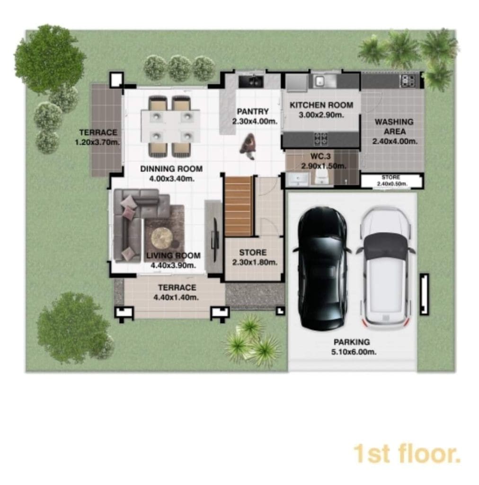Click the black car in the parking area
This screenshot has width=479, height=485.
pos(322,269)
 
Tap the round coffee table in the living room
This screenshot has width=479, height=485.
pos(162,238)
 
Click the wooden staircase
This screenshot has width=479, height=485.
pos(238,207)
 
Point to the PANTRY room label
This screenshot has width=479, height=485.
pos(252,111)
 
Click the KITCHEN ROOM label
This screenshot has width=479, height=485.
pos(321,105)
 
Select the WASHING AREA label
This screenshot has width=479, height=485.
pos(394,126)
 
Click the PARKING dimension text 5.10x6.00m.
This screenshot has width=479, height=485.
pos(354,352)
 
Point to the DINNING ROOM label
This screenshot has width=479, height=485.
pos(171,169)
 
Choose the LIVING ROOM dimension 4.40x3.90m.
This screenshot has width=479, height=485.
pos(173,265)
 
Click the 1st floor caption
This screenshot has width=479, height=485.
pos(407,454)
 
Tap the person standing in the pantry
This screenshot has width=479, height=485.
pos(248,147)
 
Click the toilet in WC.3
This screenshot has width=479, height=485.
pos(321,179)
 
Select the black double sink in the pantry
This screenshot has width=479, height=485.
pos(251,81)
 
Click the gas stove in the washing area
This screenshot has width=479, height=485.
pos(408,81)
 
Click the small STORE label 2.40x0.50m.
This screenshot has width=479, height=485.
pos(391,180)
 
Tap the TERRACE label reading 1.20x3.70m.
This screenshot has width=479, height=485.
pos(98,137)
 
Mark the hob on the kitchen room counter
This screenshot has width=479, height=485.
pos(321,139)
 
